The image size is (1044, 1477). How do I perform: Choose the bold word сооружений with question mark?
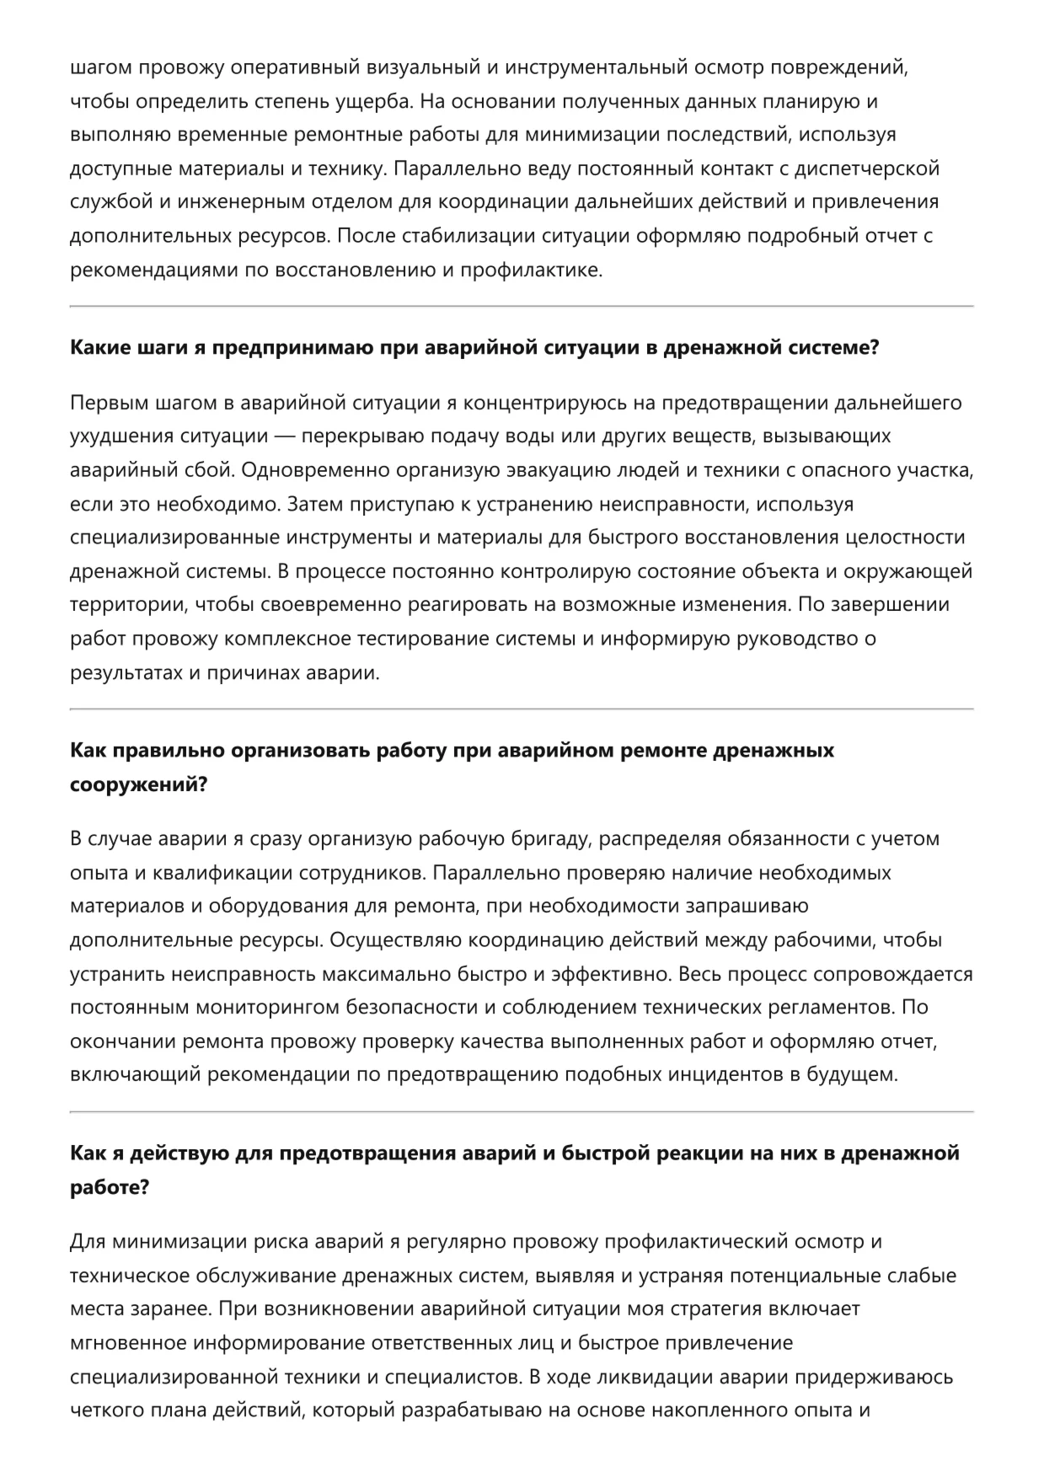(138, 784)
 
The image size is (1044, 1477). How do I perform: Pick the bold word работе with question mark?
(110, 1187)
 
